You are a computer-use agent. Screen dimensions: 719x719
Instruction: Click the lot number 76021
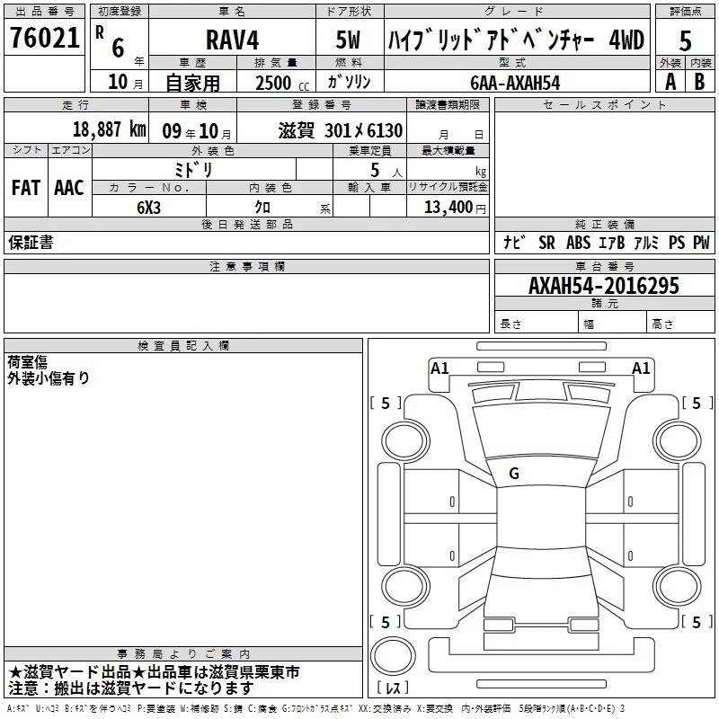point(44,38)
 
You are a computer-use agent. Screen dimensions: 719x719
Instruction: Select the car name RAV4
point(232,40)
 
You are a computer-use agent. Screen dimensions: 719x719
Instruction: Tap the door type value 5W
point(348,40)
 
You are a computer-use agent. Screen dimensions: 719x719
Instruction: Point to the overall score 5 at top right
point(685,40)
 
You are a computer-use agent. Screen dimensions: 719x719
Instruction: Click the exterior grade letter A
point(670,82)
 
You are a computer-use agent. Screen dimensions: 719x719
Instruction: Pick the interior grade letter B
point(699,82)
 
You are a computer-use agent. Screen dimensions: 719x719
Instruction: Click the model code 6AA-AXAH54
point(515,83)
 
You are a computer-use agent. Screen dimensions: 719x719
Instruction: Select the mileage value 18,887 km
point(109,129)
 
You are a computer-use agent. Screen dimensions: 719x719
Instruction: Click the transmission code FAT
point(26,188)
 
